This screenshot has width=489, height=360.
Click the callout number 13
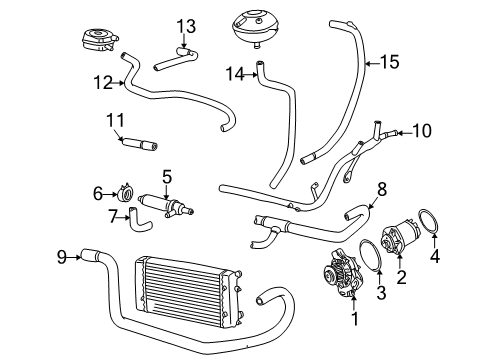(186, 26)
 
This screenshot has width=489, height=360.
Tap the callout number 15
(389, 62)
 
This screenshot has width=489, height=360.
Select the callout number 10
(422, 131)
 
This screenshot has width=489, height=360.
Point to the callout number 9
(62, 257)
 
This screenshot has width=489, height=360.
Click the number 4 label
(435, 256)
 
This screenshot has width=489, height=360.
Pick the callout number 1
(355, 319)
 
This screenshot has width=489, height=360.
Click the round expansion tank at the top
(256, 29)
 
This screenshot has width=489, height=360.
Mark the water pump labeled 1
(343, 272)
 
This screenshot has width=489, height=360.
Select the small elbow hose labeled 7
(139, 220)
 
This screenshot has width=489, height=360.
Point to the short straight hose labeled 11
(139, 144)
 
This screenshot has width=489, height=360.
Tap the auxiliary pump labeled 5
(165, 206)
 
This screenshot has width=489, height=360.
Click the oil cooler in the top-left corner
(99, 40)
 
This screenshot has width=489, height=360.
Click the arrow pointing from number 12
(118, 83)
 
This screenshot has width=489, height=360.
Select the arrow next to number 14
(251, 75)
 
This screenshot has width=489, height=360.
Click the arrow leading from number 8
(372, 202)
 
